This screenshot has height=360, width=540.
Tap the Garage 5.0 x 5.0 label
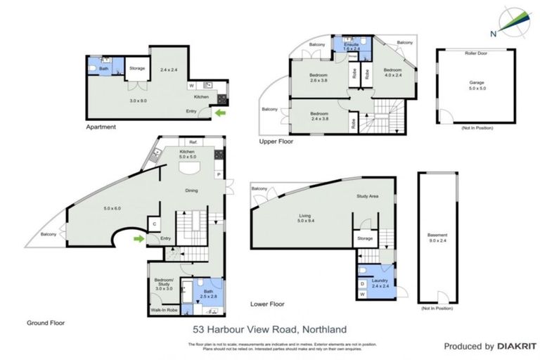(x=476, y=86)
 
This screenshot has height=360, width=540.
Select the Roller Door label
(x=476, y=53)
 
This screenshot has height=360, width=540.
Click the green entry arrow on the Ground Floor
(x=140, y=239)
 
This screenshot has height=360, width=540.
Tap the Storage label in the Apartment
(x=137, y=68)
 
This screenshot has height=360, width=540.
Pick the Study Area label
(x=368, y=196)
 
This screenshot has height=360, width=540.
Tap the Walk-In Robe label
(x=163, y=309)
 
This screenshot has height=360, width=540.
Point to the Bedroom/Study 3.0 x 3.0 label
(x=163, y=285)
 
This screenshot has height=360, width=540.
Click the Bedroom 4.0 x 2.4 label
(x=392, y=73)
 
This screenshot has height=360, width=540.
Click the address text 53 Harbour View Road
(x=270, y=329)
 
